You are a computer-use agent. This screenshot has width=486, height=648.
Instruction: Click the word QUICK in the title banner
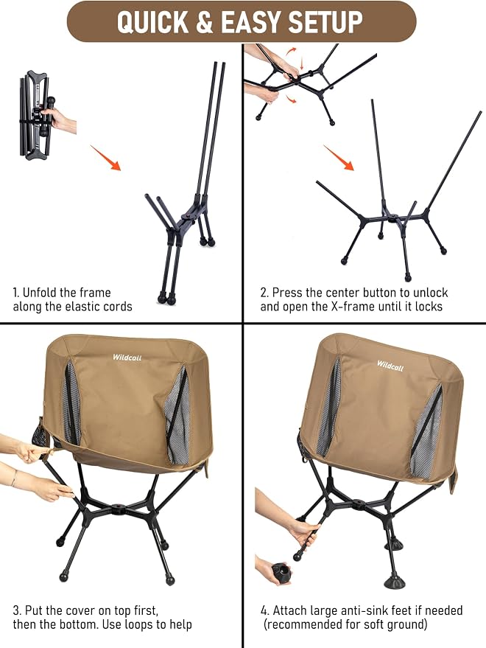tap(152, 21)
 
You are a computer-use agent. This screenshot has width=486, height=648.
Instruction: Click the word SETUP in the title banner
tap(325, 21)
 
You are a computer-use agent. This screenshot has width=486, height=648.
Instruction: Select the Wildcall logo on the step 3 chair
tap(127, 358)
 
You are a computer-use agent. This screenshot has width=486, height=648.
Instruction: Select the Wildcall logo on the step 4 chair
tap(390, 366)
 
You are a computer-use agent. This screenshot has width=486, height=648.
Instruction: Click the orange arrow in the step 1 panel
tap(105, 158)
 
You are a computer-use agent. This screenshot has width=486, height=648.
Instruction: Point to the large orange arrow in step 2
tap(339, 158)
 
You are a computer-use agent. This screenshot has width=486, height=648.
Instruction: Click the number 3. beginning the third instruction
tap(17, 610)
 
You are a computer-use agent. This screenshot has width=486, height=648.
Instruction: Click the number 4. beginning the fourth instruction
tap(264, 610)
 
